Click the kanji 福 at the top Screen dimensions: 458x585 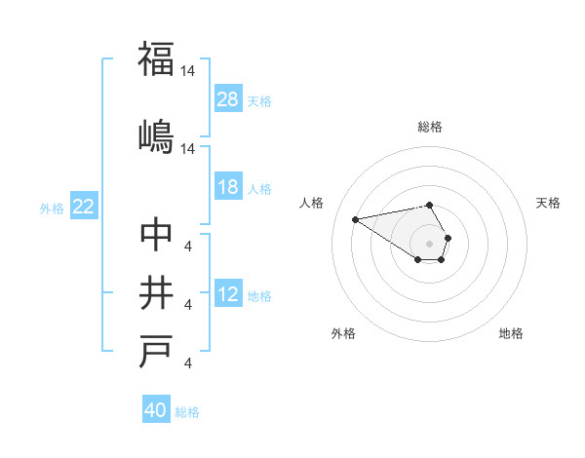click(156, 59)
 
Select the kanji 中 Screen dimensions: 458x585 click(156, 235)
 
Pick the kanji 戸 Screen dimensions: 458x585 click(156, 353)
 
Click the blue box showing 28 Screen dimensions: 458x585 click(228, 99)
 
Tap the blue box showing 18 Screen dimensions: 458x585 click(228, 187)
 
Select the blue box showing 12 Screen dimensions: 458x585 click(228, 295)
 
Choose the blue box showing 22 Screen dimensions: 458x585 click(84, 207)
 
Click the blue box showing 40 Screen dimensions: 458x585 click(156, 410)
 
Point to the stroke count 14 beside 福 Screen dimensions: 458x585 click(188, 72)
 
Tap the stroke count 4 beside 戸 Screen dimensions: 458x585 click(187, 364)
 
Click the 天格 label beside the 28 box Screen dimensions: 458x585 click(259, 100)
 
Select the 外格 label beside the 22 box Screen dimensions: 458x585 click(52, 208)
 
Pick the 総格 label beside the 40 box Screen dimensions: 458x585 click(187, 412)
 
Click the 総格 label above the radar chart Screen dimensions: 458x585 click(429, 127)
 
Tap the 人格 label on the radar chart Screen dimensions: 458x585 click(312, 203)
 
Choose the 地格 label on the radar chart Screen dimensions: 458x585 click(511, 333)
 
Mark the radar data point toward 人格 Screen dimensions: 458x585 click(355, 218)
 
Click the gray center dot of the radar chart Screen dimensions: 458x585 click(429, 243)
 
